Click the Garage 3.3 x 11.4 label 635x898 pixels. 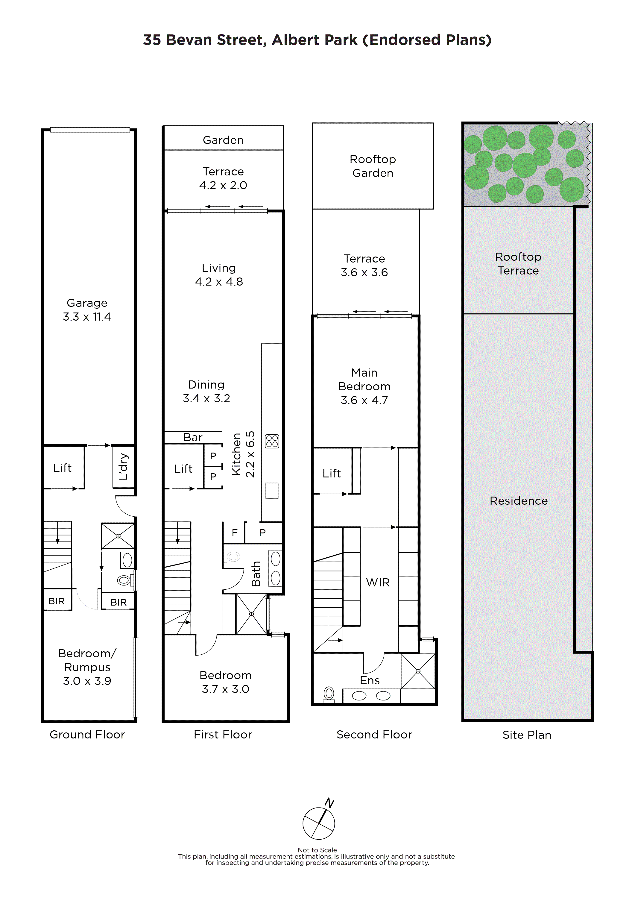[87, 310]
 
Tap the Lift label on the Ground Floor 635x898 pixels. [62, 468]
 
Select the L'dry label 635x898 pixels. [123, 467]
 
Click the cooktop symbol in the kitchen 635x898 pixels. [272, 441]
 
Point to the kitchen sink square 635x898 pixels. [272, 491]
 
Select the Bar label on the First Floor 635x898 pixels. [193, 437]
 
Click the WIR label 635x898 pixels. [378, 583]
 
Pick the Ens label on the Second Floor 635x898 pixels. [370, 681]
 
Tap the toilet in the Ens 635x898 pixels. [329, 694]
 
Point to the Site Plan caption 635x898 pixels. [527, 735]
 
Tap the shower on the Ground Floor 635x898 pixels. [118, 536]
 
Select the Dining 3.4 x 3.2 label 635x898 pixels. [206, 392]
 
